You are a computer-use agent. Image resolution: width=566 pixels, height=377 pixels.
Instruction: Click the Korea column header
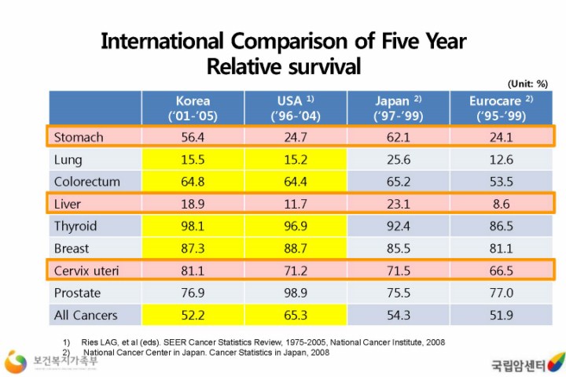tap(193, 108)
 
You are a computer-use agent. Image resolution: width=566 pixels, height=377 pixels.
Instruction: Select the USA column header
tap(296, 108)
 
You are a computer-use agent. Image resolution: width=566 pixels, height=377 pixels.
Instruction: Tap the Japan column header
tap(398, 108)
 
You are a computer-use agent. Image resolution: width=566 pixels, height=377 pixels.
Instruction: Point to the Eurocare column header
tap(502, 108)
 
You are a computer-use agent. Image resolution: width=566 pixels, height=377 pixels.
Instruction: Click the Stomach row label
tap(79, 137)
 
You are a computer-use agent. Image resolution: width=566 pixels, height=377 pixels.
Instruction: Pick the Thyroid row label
tap(75, 226)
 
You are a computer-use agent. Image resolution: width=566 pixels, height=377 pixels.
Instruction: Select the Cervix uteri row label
tap(86, 271)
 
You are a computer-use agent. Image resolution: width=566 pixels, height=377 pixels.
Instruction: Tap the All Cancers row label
tap(86, 316)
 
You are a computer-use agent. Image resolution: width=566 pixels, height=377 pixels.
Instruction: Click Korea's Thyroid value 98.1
tap(193, 226)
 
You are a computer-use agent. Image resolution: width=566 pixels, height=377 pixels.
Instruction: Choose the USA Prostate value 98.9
tap(296, 293)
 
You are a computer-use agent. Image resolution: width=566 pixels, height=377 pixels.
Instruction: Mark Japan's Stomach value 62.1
tap(398, 137)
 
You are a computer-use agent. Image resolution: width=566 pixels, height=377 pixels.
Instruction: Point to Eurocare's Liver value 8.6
tap(501, 204)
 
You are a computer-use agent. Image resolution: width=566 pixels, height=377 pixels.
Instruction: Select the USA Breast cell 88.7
tap(296, 249)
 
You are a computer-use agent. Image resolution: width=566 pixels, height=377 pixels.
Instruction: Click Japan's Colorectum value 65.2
tap(398, 182)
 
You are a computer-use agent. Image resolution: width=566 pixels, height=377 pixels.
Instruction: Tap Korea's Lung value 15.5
tap(193, 160)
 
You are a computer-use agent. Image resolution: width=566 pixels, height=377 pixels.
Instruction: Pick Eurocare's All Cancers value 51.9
tap(501, 316)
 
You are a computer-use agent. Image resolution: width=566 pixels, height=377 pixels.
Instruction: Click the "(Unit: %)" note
tap(527, 83)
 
